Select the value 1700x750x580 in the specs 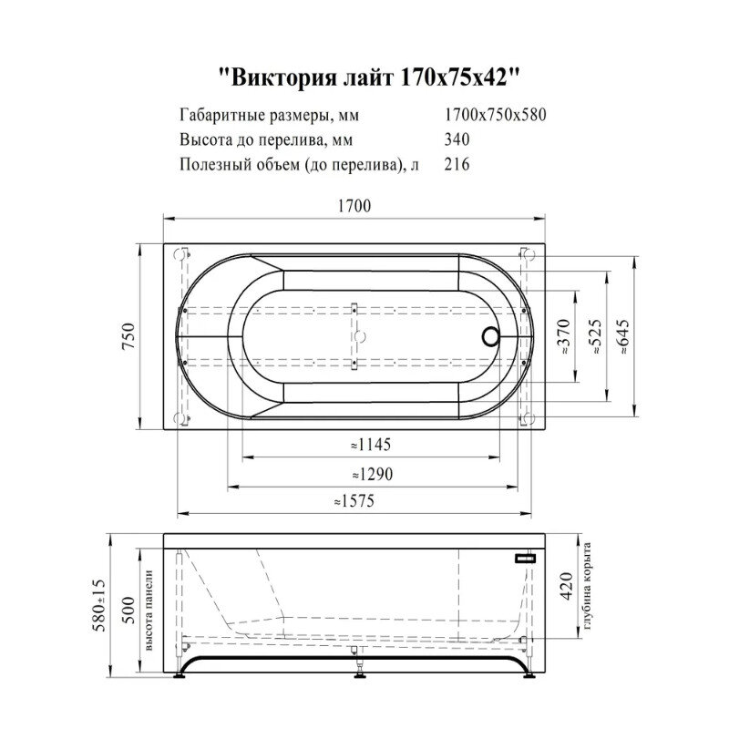coord(494,116)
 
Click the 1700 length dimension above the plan coord(355,207)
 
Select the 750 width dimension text coord(128,335)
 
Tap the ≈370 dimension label coord(565,336)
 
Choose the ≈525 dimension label coord(595,336)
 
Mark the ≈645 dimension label coord(624,336)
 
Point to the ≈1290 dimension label coord(370,474)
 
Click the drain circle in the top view coord(490,336)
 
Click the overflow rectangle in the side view coord(527,556)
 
